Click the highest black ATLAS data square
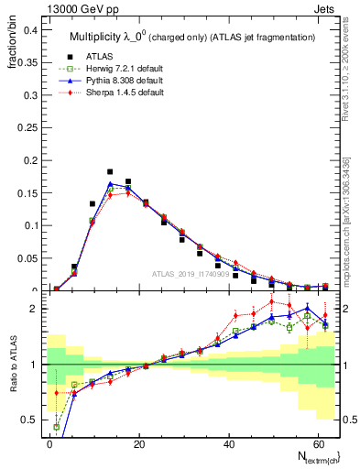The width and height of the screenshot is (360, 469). point(110,171)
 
